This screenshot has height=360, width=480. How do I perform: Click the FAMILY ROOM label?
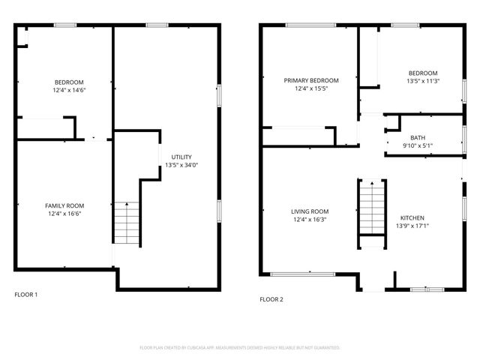(x=64, y=205)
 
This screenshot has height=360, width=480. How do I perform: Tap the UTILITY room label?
(x=181, y=157)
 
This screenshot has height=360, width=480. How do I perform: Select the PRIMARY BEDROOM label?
(x=310, y=80)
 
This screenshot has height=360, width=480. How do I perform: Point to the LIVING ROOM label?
(x=310, y=211)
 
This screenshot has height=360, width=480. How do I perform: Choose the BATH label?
(x=417, y=138)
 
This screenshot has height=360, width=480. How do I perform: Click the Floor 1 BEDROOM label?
(x=69, y=82)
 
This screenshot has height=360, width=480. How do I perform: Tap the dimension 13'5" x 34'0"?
(x=181, y=165)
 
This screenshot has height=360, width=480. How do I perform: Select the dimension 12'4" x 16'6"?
(x=64, y=214)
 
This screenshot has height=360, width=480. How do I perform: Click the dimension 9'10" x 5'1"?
(x=417, y=146)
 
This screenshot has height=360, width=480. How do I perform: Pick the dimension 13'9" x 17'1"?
(x=412, y=225)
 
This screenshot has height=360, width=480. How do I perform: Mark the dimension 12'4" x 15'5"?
(x=310, y=88)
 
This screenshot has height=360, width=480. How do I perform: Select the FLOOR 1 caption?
(x=26, y=294)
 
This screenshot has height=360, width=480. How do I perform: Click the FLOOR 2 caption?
(x=271, y=299)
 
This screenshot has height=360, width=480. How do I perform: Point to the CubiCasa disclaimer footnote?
(x=240, y=348)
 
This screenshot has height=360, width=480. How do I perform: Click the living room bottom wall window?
(x=302, y=274)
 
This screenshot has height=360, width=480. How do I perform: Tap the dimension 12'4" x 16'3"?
(x=310, y=220)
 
